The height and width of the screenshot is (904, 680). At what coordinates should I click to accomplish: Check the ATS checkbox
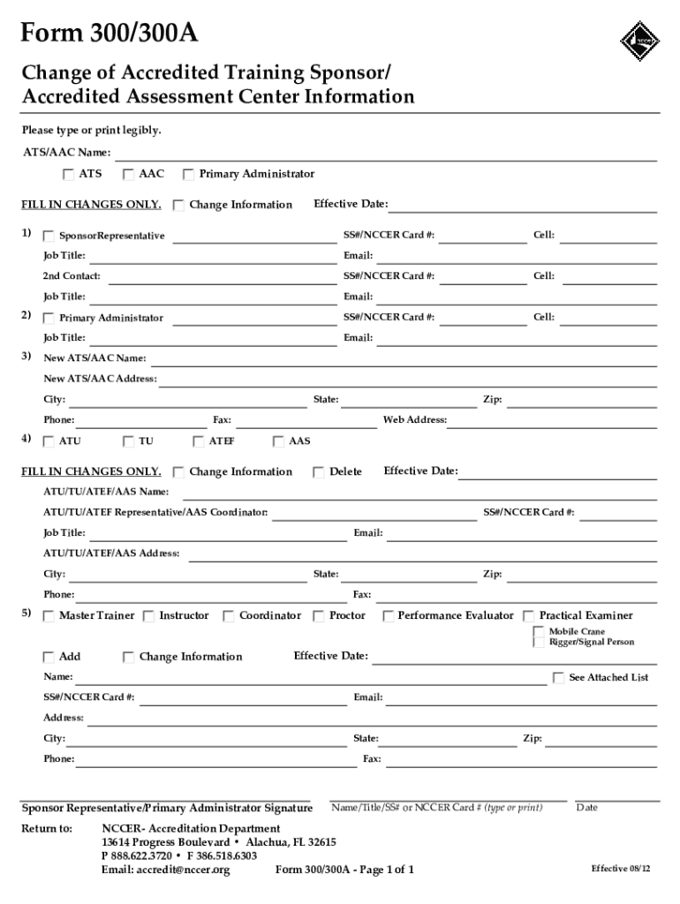tap(68, 174)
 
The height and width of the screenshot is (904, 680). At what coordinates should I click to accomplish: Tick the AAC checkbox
tap(128, 174)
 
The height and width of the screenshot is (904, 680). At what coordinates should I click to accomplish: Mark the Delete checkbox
tap(319, 472)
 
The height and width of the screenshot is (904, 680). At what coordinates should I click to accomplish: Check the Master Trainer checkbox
tap(49, 616)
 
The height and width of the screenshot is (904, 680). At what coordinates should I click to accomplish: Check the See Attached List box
tap(558, 678)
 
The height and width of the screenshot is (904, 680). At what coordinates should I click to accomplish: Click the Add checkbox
tap(49, 658)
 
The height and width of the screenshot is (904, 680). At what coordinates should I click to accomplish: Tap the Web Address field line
tap(553, 426)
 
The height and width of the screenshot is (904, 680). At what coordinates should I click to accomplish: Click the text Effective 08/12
tap(621, 869)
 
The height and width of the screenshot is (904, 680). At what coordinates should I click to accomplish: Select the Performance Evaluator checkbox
tap(388, 616)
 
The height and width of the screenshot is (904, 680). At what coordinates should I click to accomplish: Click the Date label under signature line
tap(586, 808)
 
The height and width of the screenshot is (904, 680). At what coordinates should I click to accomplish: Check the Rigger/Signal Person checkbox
tap(539, 643)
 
